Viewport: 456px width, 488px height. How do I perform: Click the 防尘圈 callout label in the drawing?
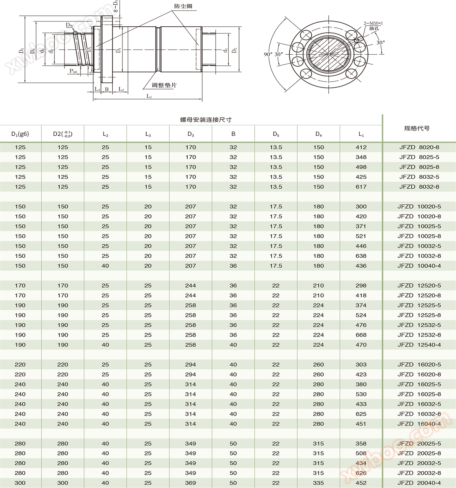pyautogui.click(x=183, y=6)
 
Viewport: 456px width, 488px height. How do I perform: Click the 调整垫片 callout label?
pyautogui.click(x=164, y=85)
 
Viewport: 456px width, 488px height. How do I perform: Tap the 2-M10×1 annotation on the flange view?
pyautogui.click(x=373, y=23)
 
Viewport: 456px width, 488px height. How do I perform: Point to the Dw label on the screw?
pyautogui.click(x=69, y=25)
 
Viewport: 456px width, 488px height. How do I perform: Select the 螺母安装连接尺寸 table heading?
pyautogui.click(x=206, y=120)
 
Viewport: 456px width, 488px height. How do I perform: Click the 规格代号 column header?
pyautogui.click(x=417, y=128)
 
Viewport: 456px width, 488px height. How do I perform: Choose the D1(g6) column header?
pyautogui.click(x=20, y=134)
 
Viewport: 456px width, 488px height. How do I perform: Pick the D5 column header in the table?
pyautogui.click(x=276, y=134)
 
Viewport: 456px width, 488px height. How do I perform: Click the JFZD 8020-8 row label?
pyautogui.click(x=419, y=147)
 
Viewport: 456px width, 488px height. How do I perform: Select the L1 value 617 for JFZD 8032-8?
pyautogui.click(x=361, y=187)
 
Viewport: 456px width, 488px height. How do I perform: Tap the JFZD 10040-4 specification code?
pyautogui.click(x=419, y=266)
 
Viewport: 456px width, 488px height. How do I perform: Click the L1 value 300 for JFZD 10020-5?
pyautogui.click(x=361, y=207)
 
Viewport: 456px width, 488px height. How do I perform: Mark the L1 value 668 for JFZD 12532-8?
pyautogui.click(x=361, y=335)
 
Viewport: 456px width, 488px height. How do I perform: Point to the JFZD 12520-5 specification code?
pyautogui.click(x=419, y=286)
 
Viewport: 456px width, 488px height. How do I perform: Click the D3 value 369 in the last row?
pyautogui.click(x=191, y=483)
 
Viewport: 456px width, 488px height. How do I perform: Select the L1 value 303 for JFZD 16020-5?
pyautogui.click(x=361, y=364)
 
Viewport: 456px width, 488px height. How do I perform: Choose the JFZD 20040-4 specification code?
pyautogui.click(x=419, y=483)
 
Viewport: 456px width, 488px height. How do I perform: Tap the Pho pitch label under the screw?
pyautogui.click(x=73, y=71)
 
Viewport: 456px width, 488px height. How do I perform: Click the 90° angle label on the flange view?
pyautogui.click(x=268, y=54)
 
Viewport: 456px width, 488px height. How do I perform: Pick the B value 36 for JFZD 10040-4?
pyautogui.click(x=233, y=266)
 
